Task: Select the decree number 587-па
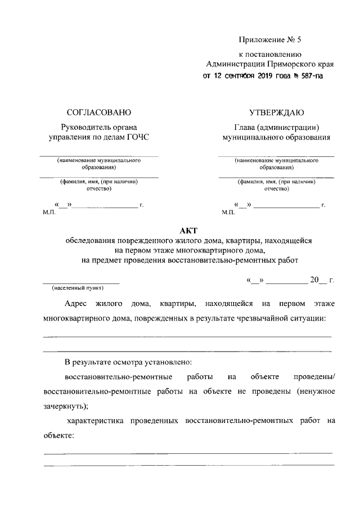pyautogui.click(x=309, y=75)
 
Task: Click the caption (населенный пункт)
pyautogui.click(x=78, y=287)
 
